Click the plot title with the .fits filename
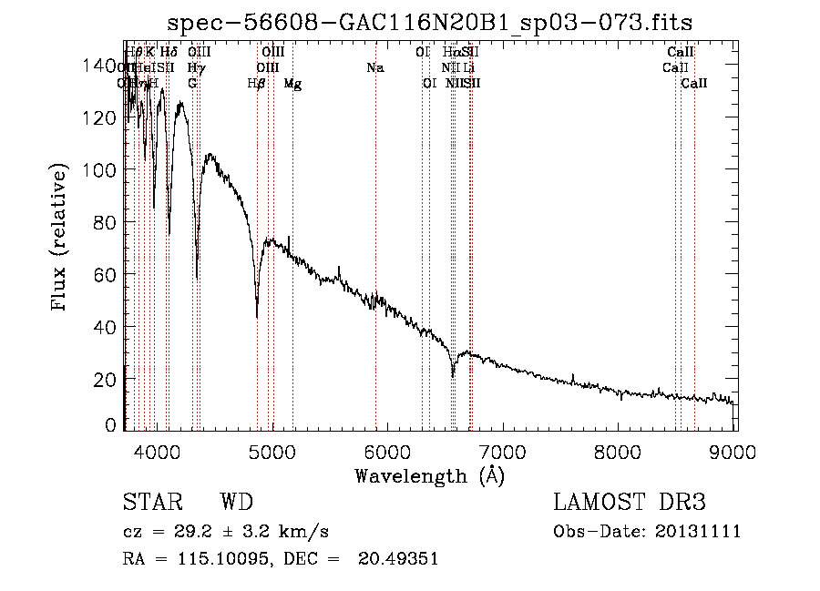tap(437, 23)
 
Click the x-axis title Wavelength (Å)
tap(429, 475)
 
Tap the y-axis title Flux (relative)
tap(61, 239)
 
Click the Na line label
tap(375, 67)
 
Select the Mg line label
tap(292, 83)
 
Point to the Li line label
tap(468, 67)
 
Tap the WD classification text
tap(236, 503)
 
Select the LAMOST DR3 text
tap(630, 503)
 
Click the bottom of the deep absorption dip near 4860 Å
tap(257, 316)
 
